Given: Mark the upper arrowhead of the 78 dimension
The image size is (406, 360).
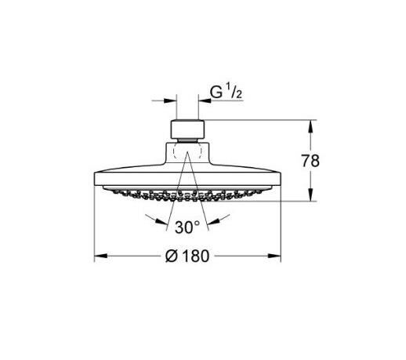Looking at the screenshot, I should click(314, 123).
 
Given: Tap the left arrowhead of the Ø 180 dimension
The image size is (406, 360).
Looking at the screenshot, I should click(99, 256).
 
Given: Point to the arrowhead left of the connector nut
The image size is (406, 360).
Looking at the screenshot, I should click(170, 100).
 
